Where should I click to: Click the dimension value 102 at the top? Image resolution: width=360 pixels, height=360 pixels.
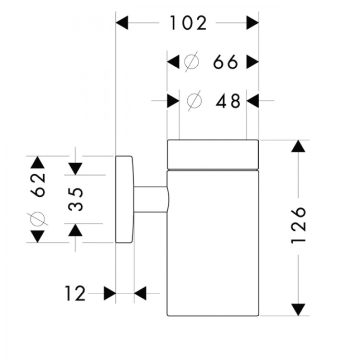pos(188,23)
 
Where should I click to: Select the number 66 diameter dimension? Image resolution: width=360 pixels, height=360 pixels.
pos(226,62)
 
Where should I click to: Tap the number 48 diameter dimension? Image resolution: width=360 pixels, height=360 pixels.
pos(228,101)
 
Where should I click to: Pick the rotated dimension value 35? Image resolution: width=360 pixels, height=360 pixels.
pos(75,199)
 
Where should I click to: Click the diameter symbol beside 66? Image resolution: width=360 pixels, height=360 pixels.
pos(191,62)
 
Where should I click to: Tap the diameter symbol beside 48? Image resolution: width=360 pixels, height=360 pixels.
pos(194,101)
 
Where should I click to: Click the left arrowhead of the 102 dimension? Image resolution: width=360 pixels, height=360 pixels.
pos(123,23)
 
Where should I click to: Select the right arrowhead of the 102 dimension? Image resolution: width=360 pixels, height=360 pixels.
pos(252,23)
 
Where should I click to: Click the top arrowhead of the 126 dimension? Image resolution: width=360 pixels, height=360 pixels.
pos(299,146)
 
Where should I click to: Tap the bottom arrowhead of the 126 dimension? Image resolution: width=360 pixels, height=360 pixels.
pos(299,310)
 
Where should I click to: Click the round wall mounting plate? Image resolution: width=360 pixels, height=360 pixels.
pos(124,199)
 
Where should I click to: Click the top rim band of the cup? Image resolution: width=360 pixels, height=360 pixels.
pos(213,155)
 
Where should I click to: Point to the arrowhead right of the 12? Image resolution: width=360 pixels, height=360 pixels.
pos(140,293)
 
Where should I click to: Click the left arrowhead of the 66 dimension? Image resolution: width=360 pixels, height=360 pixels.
pos(173,62)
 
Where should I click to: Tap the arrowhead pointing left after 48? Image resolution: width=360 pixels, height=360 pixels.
pos(253,101)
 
